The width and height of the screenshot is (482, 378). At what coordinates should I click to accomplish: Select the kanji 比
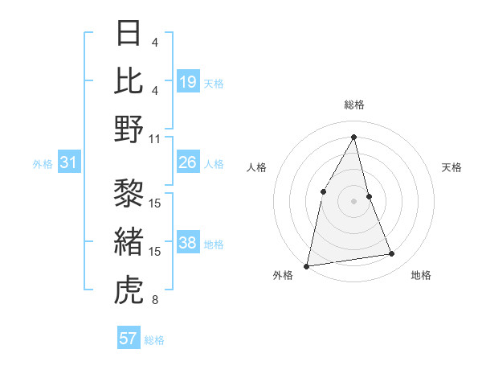pyautogui.click(x=129, y=80)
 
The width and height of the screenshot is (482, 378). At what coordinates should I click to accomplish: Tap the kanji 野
pyautogui.click(x=129, y=129)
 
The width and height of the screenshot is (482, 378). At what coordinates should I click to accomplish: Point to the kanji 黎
pyautogui.click(x=129, y=192)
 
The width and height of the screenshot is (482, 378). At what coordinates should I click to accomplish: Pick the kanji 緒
pyautogui.click(x=129, y=241)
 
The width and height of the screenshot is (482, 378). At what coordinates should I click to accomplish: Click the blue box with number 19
pyautogui.click(x=188, y=82)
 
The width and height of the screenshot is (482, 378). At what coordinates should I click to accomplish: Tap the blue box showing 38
pyautogui.click(x=188, y=244)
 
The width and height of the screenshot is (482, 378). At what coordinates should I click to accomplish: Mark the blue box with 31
pyautogui.click(x=69, y=163)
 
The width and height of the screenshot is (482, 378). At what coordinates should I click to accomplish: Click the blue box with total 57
pyautogui.click(x=129, y=339)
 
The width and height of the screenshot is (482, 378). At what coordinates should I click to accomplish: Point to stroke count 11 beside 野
pyautogui.click(x=155, y=138)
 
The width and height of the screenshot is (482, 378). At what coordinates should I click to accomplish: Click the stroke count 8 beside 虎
pyautogui.click(x=155, y=301)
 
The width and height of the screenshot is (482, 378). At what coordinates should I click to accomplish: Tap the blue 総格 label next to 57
pyautogui.click(x=154, y=340)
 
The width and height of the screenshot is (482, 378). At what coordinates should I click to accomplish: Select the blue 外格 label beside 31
pyautogui.click(x=43, y=164)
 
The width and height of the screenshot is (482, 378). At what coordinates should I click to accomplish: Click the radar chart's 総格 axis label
pyautogui.click(x=354, y=105)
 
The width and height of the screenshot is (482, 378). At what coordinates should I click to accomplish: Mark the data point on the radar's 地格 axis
pyautogui.click(x=392, y=254)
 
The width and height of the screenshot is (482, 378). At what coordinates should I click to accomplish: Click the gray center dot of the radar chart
pyautogui.click(x=353, y=200)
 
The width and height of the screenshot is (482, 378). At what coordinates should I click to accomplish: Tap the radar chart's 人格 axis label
pyautogui.click(x=256, y=167)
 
